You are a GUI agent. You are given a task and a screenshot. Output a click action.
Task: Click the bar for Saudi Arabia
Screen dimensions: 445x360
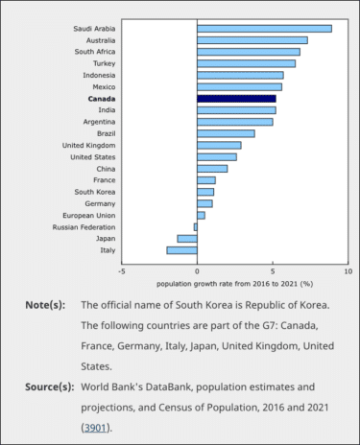[x=264, y=29]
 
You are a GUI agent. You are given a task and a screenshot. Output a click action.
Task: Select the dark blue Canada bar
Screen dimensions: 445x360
[x=236, y=99]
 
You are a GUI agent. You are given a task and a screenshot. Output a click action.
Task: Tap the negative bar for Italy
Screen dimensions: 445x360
[x=181, y=250]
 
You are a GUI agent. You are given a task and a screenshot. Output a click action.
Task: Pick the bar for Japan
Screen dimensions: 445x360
[x=187, y=239]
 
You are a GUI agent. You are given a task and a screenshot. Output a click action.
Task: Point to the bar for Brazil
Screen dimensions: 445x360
[x=226, y=133]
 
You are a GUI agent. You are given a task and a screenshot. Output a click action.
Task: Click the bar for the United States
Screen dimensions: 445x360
[x=216, y=157]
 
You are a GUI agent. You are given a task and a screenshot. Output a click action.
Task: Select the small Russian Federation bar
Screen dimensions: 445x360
[x=195, y=227]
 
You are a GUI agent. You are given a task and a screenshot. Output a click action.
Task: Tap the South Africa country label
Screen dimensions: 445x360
[x=95, y=52]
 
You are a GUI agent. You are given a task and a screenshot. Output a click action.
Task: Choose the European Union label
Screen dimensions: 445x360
[x=90, y=216]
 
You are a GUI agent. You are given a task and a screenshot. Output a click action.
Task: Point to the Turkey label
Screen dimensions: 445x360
[x=103, y=63]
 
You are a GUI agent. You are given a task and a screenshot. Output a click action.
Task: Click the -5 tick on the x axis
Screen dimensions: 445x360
[x=122, y=271]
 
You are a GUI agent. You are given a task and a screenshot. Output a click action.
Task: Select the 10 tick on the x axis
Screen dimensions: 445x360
[x=347, y=271]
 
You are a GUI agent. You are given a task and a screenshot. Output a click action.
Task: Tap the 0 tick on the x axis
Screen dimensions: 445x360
[x=197, y=271]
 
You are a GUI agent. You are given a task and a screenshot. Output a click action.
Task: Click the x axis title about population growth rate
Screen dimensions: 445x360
[x=235, y=284]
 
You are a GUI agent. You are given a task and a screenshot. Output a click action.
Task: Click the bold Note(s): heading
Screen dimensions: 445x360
[x=45, y=305]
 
